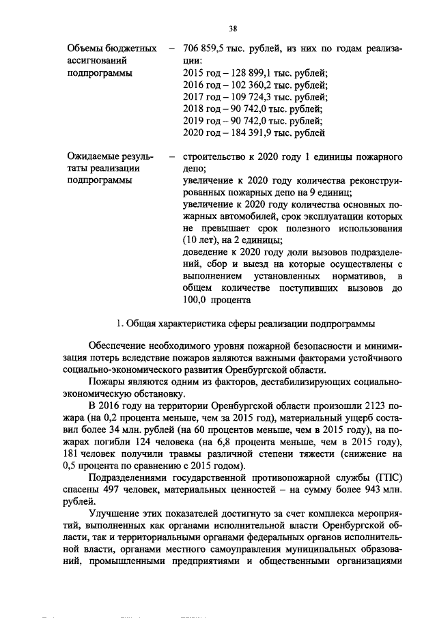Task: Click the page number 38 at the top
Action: pos(233,28)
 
